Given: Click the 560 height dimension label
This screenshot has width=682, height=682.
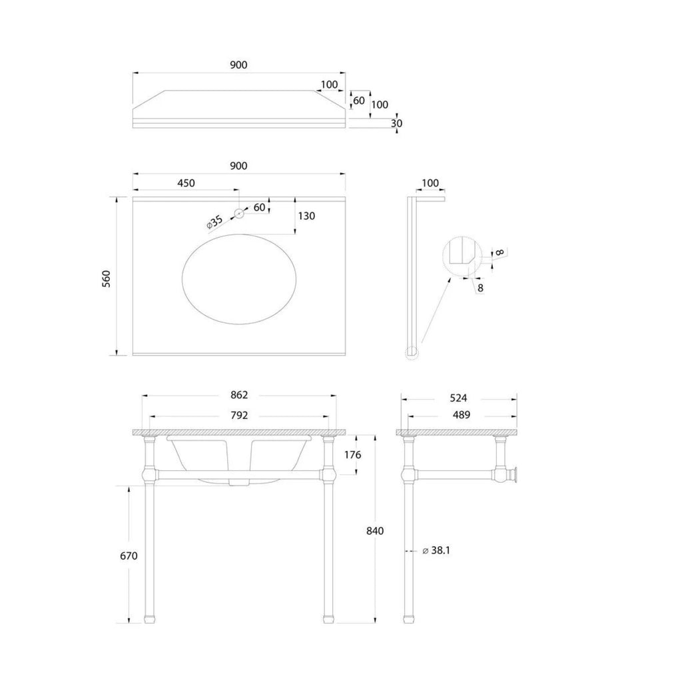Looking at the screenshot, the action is click(107, 278).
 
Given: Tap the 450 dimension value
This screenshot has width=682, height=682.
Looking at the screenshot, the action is click(186, 183).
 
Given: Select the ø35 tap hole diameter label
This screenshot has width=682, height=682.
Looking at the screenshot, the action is click(214, 222).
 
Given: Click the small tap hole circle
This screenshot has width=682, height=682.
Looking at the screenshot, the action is click(239, 213).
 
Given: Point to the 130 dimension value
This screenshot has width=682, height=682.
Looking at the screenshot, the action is click(306, 216).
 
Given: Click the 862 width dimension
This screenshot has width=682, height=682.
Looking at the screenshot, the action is click(239, 394).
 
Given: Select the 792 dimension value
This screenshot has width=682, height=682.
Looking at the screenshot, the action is click(239, 415).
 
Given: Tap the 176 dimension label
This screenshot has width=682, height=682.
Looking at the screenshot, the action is click(352, 454).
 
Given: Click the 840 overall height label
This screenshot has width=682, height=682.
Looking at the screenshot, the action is click(375, 531).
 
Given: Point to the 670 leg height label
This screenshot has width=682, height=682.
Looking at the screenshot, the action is click(129, 555).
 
